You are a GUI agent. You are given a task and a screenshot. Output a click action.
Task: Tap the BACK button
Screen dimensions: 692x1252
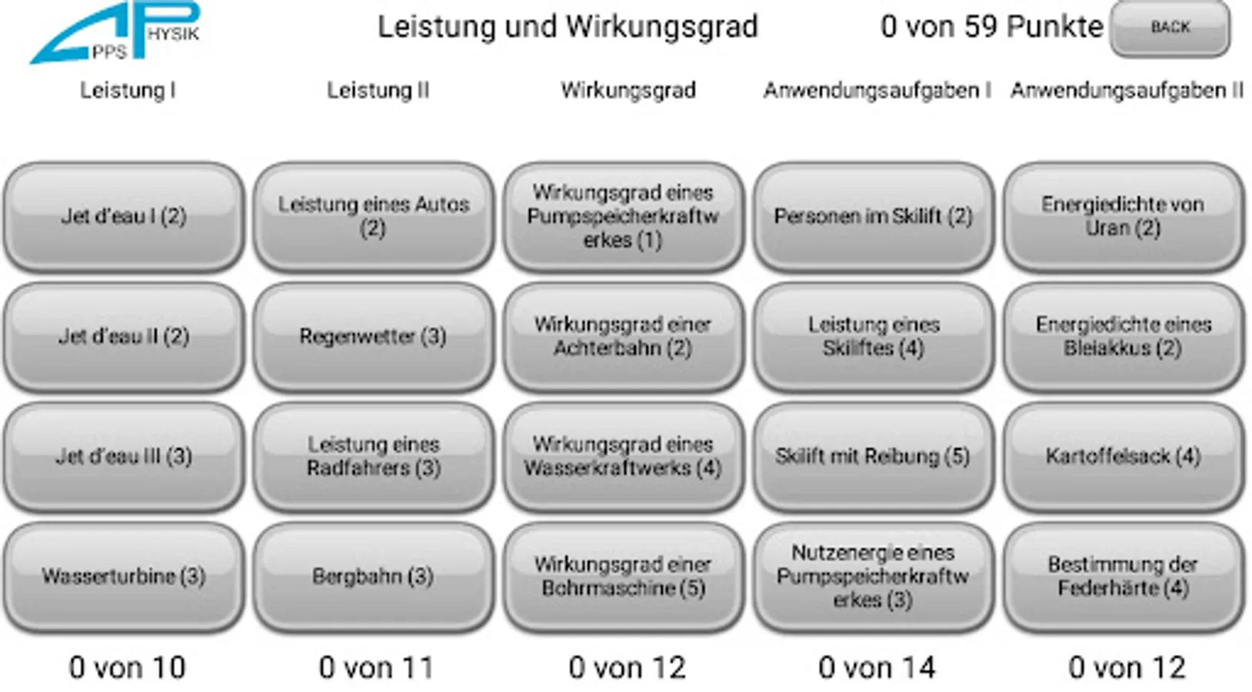1169,28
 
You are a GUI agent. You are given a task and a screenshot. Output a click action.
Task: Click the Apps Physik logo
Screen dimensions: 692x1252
115,33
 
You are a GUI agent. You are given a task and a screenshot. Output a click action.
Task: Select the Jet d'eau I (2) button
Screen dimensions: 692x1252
124,217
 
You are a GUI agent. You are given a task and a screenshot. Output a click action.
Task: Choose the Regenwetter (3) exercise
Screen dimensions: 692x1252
373,337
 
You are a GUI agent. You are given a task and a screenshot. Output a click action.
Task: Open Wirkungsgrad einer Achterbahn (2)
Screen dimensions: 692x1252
623,337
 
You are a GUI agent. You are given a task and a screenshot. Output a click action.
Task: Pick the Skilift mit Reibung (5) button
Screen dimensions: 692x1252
873,457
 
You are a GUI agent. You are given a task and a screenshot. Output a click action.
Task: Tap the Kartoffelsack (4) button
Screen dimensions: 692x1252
1123,457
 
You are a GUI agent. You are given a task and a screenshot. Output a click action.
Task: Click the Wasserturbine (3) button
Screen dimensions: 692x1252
124,577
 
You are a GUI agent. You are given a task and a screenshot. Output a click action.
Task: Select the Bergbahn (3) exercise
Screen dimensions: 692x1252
373,577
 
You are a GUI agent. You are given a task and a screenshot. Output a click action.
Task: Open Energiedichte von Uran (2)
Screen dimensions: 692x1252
1123,217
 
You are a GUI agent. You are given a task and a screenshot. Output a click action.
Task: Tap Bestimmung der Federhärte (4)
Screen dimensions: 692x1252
1123,577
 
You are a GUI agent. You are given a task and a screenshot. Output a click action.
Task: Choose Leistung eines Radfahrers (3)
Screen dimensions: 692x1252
373,457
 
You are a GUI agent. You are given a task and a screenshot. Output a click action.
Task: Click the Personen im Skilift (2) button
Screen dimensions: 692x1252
873,217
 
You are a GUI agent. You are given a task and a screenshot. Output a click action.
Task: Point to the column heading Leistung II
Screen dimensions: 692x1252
378,91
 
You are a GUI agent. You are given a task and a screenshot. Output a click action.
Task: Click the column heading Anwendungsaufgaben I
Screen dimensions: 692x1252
877,91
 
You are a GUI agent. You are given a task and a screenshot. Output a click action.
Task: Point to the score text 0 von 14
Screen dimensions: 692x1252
877,667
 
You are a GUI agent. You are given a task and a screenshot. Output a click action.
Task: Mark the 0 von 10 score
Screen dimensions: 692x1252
127,667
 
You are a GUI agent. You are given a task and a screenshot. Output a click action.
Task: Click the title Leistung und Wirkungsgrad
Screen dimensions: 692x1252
568,27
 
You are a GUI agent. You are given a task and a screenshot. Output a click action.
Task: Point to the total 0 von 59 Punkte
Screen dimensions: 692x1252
991,27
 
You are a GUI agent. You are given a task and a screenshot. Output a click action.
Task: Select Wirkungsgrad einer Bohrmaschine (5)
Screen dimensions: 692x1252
623,577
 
